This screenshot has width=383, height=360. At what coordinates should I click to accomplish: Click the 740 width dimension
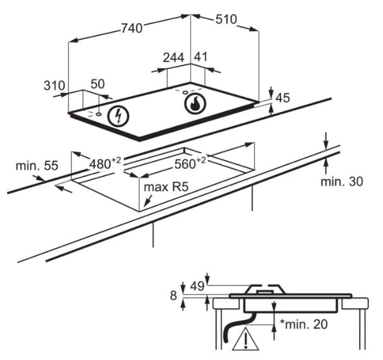131,28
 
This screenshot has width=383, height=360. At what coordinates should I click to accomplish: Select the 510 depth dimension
226,20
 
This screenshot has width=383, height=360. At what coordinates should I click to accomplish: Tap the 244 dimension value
173,58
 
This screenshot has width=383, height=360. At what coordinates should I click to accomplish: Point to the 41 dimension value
200,57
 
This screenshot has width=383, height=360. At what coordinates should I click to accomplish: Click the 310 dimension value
54,85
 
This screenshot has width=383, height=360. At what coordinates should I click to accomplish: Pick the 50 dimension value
97,84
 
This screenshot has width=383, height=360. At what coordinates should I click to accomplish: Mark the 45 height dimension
283,98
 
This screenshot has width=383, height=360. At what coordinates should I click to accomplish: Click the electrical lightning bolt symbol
118,116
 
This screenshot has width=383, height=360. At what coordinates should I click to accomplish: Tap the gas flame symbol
195,103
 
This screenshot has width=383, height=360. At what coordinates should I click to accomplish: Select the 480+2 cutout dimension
105,163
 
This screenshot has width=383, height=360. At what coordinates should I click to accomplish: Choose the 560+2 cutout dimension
190,163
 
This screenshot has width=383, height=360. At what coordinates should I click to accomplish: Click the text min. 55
37,166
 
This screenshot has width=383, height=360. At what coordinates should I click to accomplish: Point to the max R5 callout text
166,187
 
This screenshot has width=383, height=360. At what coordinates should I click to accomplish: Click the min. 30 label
342,182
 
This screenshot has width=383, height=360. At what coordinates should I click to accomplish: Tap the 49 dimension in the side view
197,286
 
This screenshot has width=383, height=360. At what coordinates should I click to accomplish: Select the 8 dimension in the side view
173,295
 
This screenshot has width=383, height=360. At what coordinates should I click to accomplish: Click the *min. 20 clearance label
303,325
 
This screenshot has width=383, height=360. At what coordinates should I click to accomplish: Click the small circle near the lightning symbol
99,114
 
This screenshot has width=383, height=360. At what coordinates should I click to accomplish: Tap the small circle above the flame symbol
185,92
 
